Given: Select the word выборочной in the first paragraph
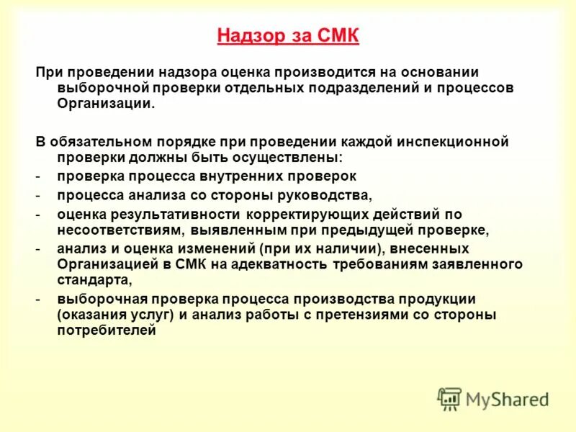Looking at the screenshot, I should click(x=92, y=88).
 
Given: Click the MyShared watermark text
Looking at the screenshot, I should click(x=507, y=399).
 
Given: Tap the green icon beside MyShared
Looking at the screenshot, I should click(x=449, y=399).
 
